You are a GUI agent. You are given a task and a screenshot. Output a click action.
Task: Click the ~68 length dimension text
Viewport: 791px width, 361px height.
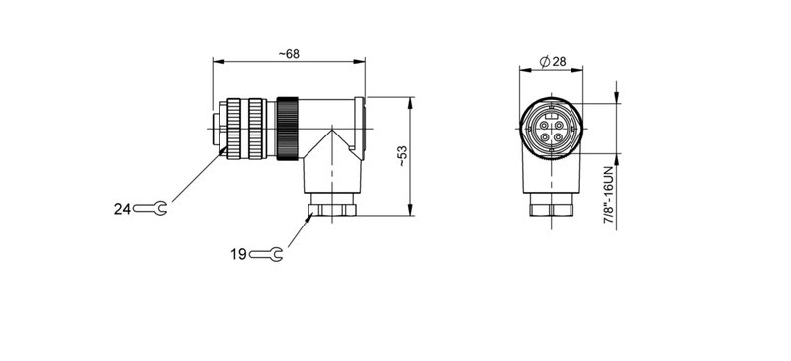click(288, 53)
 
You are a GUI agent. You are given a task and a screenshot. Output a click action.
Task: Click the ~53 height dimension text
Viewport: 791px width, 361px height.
click(401, 156)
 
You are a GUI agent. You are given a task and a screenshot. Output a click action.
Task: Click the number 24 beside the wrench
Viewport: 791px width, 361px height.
click(122, 209)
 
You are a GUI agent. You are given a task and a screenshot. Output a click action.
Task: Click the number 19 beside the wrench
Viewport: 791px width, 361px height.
click(238, 254)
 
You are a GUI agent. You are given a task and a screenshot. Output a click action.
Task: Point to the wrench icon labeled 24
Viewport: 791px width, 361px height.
click(151, 209)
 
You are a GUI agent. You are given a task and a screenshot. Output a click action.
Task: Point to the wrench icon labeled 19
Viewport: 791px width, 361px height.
click(268, 254)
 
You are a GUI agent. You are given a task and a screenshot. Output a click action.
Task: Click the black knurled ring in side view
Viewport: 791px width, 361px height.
click(288, 128)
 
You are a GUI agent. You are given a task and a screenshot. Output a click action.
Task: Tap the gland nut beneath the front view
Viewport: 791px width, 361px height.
click(551, 209)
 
